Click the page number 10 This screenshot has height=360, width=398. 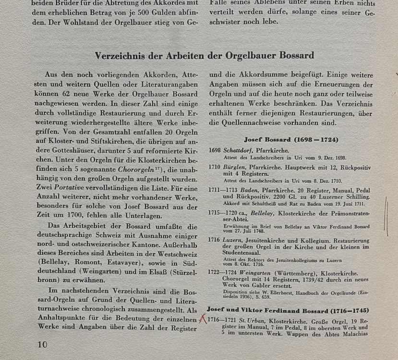point(42,344)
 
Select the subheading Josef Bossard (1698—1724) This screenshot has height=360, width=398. point(291,140)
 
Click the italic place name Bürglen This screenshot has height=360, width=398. point(234,167)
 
